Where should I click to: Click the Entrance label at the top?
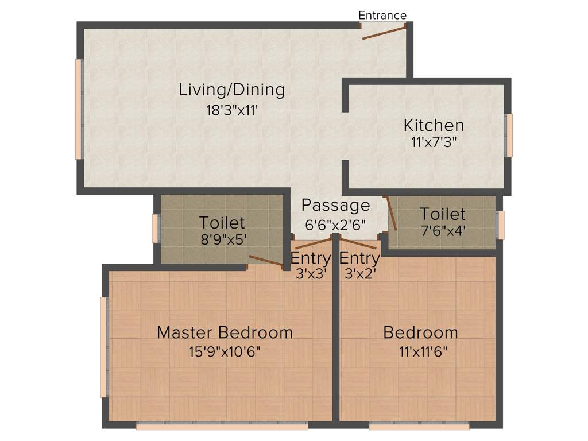click(382, 16)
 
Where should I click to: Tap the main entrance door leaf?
click(384, 32)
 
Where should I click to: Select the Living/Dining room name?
click(232, 90)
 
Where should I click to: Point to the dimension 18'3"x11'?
click(232, 110)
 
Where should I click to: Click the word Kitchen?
click(434, 125)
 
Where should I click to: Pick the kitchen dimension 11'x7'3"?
click(434, 142)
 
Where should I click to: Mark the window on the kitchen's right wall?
click(509, 135)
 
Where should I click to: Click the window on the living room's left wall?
click(79, 109)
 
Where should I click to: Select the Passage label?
click(336, 205)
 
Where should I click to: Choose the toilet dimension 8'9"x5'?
click(222, 240)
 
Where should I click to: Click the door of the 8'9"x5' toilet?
click(265, 261)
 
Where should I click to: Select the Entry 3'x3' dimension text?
click(311, 274)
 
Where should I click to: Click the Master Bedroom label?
click(225, 332)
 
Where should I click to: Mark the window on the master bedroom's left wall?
click(104, 347)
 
